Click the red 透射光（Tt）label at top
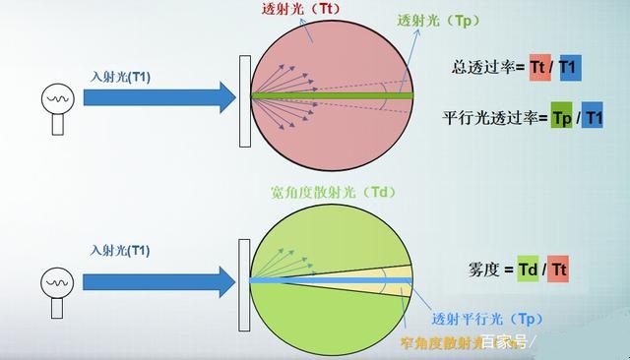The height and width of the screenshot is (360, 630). point(295,9)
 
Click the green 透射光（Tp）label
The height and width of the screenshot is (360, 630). point(434,21)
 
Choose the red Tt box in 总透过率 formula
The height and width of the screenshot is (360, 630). point(538,67)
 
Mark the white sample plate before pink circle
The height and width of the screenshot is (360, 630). point(242,96)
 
